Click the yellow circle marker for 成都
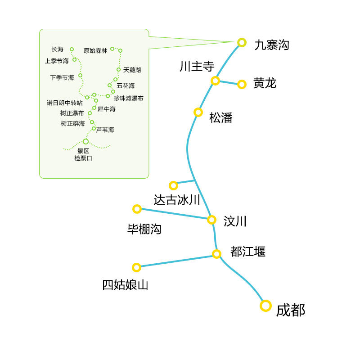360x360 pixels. (265, 306)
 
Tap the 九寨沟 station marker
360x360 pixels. (242, 42)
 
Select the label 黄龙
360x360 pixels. (265, 83)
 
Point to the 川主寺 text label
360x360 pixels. (197, 66)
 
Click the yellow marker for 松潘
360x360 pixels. (198, 112)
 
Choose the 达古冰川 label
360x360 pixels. (177, 200)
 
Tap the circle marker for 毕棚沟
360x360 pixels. (137, 209)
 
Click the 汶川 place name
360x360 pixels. (235, 221)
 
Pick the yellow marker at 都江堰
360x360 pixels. (216, 254)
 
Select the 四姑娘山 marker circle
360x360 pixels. (137, 267)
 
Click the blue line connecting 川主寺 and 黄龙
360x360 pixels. (229, 83)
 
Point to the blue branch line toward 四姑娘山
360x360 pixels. (176, 261)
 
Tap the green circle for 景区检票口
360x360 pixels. (85, 141)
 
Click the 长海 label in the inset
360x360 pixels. (57, 49)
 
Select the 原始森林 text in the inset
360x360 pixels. (95, 50)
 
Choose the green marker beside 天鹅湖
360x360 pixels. (118, 70)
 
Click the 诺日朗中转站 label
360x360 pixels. (64, 103)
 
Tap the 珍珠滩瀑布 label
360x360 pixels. (129, 98)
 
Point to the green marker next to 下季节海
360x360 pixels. (80, 75)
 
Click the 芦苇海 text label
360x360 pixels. (105, 130)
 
